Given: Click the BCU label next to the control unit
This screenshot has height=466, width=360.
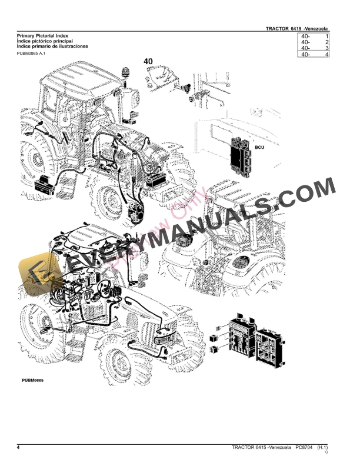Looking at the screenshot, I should pyautogui.click(x=260, y=148).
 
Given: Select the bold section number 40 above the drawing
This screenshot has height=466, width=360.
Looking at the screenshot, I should pyautogui.click(x=148, y=61).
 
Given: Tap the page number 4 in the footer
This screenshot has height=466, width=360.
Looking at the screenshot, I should pyautogui.click(x=18, y=449).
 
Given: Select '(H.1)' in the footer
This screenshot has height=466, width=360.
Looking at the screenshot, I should pyautogui.click(x=322, y=449).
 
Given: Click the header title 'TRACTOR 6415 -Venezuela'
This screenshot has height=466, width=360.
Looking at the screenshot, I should pyautogui.click(x=296, y=29).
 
